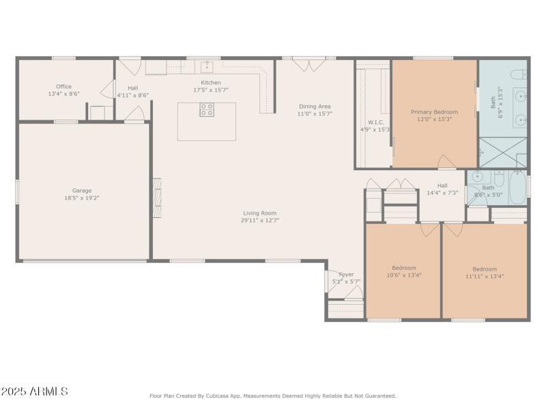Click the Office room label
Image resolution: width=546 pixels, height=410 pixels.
coord(63,87)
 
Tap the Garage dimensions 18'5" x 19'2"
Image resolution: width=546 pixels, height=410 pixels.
coord(82,198)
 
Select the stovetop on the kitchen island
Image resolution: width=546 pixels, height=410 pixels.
coord(207,110)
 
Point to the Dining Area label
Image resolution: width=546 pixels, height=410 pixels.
coord(314,106)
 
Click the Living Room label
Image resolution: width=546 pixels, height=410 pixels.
coord(259,213)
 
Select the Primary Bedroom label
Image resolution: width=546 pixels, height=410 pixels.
coord(434,111)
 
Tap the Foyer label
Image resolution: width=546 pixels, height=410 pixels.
coord(346,274)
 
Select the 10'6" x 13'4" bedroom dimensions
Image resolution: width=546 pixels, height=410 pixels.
coord(403,276)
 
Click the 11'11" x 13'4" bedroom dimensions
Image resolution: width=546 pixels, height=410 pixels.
coord(485,276)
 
